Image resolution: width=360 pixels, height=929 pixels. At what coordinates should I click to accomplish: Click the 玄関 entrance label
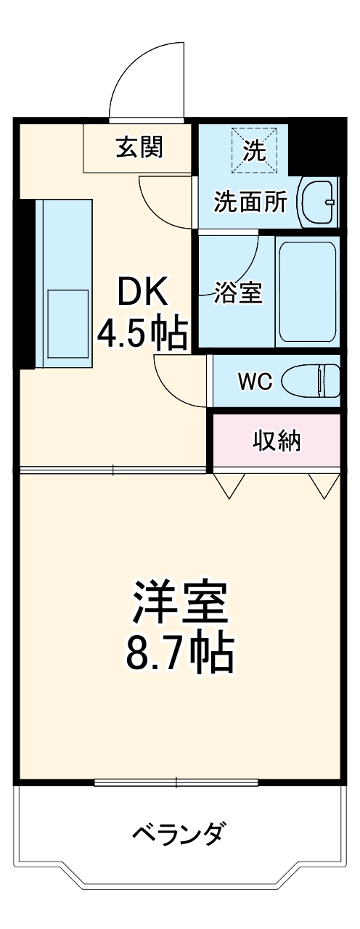pos(139,148)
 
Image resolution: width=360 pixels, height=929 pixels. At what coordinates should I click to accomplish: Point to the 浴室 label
pos(237,293)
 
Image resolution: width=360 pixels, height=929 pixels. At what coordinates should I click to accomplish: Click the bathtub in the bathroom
pos(307,290)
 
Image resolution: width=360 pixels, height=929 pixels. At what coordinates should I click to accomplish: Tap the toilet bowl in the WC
pos(310,382)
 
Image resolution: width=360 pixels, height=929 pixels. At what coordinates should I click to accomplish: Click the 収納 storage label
pos(276,441)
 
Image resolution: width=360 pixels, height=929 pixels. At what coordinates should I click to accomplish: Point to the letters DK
pos(144,292)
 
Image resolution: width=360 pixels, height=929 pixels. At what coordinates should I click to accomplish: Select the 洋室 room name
pos(180,602)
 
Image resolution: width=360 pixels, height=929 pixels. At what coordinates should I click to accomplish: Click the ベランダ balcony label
pos(178,832)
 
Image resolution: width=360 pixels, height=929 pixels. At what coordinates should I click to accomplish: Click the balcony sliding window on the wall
pos(176,782)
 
